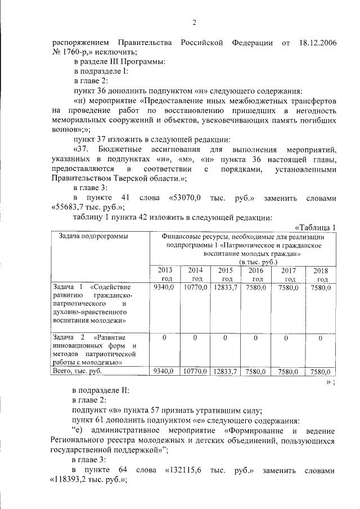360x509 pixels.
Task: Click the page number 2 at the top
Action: pos(194,22)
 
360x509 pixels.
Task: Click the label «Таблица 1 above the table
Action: pos(315,227)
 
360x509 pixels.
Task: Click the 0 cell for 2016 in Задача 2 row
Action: pos(256,338)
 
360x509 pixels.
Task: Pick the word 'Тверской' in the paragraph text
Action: pos(130,178)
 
